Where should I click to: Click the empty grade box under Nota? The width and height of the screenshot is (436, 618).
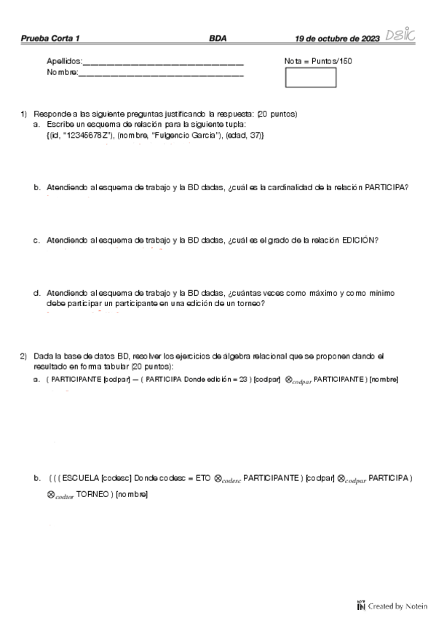coord(310,77)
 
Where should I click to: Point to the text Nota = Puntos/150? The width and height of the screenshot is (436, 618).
coord(318,61)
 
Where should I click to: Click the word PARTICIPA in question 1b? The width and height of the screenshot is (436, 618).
coord(386,188)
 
